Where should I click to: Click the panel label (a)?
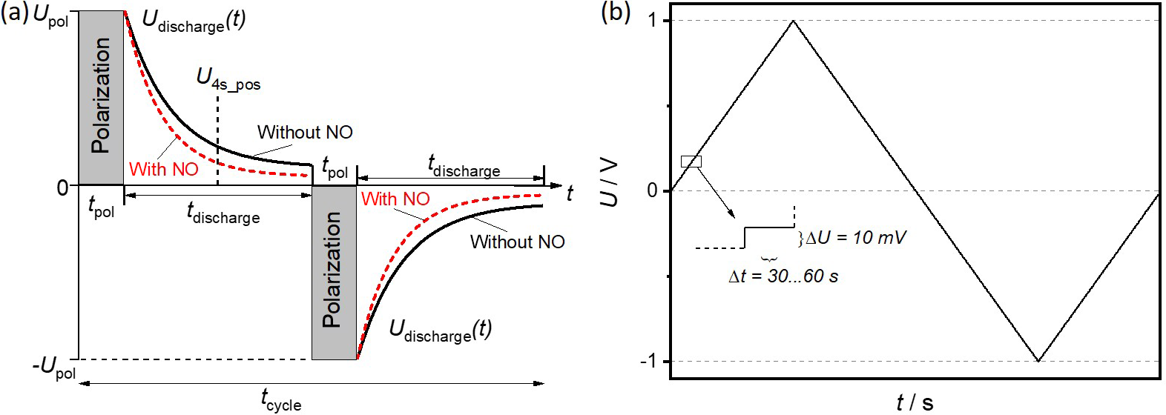point(15,15)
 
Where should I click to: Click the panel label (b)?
point(616,14)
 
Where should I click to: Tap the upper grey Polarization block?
point(101,97)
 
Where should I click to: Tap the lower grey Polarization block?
point(334,271)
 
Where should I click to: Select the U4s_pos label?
point(228,79)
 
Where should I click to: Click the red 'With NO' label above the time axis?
point(164,170)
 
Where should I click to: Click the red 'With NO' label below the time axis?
point(395,199)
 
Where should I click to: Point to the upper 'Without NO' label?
point(305,133)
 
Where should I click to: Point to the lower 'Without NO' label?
point(517,242)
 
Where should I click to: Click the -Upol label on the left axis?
point(54,367)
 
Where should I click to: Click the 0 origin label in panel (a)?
point(63,187)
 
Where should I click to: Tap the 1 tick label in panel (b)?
point(652,20)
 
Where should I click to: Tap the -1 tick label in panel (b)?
point(648,361)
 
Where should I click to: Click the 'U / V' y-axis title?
point(610,182)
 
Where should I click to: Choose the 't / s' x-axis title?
point(915,402)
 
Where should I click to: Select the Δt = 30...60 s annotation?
point(783,276)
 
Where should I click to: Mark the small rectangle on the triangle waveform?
point(691,162)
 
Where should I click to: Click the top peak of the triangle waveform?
point(794,21)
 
